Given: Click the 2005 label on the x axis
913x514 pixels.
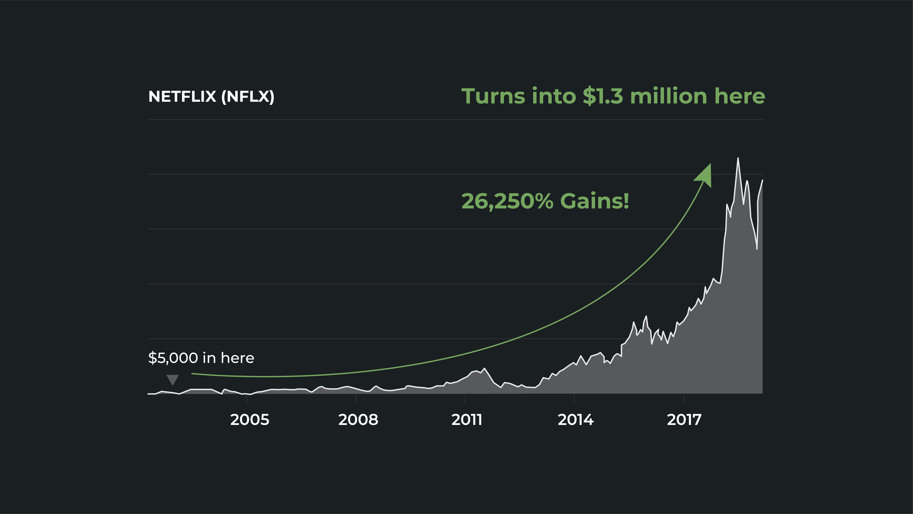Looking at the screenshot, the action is pos(250,420).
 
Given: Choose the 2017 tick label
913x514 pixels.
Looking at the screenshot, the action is pos(684,420).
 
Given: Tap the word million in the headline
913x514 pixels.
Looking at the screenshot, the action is pos(669,96).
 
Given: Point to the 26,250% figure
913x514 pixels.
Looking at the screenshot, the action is pos(507,201).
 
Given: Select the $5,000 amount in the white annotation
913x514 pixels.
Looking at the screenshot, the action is pos(173,358).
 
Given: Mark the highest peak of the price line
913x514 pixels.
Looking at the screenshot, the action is pos(738,158).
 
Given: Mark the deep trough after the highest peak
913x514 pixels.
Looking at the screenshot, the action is pos(757,249).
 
